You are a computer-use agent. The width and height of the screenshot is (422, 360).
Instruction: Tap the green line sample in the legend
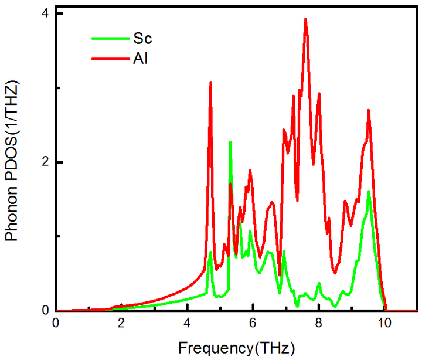[107, 39]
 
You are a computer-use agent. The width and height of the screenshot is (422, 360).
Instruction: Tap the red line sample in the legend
[107, 59]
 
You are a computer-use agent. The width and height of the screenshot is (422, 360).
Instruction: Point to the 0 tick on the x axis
[56, 324]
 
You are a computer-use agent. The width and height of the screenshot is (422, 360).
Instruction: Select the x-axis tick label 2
[121, 324]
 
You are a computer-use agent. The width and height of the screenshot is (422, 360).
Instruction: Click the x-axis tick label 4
[187, 324]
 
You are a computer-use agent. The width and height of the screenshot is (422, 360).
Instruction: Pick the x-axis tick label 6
[253, 324]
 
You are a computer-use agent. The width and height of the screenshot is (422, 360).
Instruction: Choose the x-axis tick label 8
[318, 324]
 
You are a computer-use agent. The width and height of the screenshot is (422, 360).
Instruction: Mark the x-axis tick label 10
[384, 324]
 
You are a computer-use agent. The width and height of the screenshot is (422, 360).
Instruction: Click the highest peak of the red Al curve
[305, 19]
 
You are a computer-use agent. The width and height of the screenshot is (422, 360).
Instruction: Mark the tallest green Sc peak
[230, 142]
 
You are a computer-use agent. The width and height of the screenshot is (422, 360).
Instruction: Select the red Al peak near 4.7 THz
[210, 83]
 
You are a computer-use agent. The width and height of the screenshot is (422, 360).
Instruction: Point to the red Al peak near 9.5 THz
[369, 110]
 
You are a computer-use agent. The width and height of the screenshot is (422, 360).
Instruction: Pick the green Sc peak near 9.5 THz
[369, 191]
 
